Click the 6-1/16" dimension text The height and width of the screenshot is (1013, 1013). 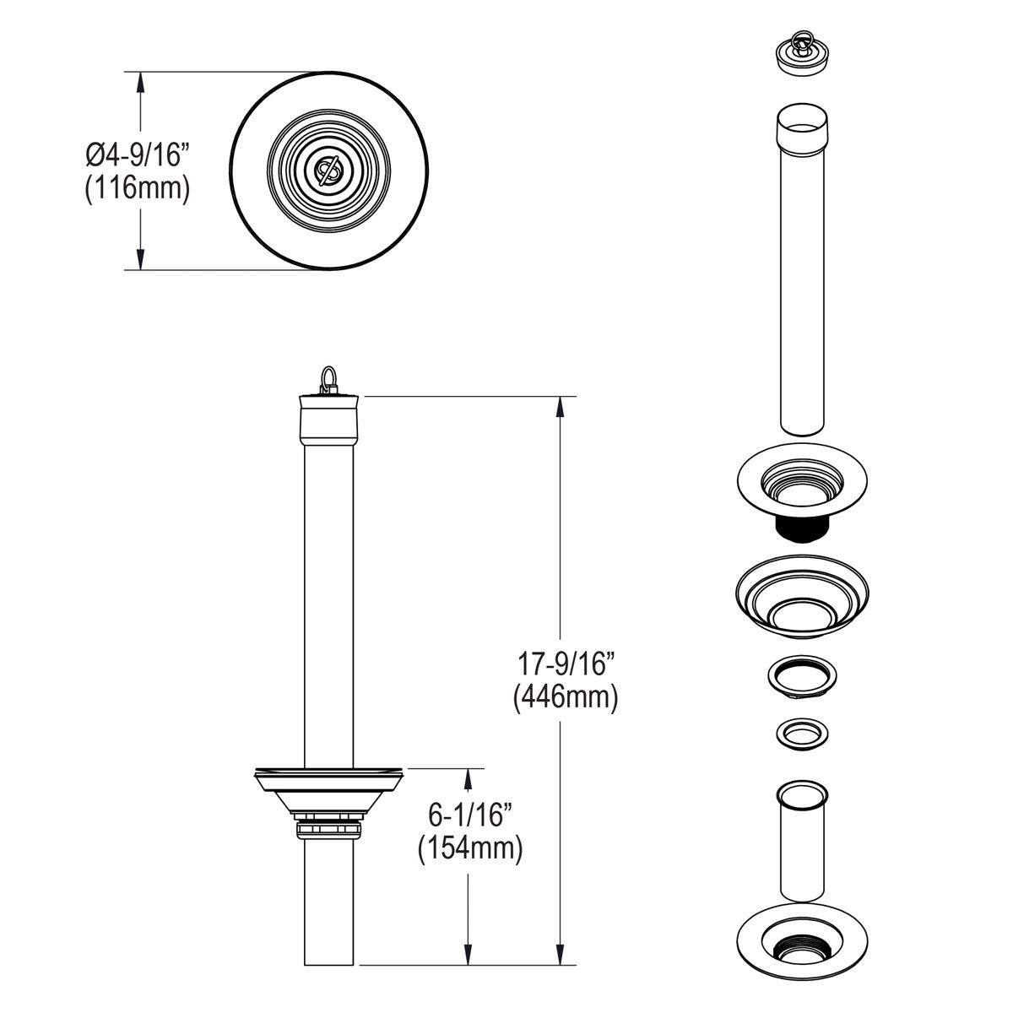coord(471,815)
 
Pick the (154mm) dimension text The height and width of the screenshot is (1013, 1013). coord(471,848)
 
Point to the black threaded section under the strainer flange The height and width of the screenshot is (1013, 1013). coord(799,529)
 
